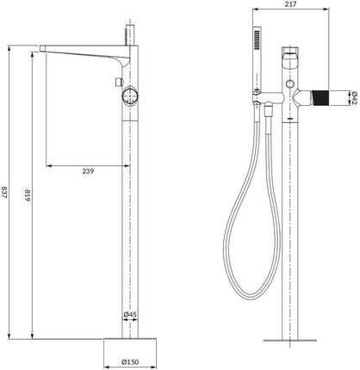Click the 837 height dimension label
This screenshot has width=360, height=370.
pyautogui.click(x=4, y=193)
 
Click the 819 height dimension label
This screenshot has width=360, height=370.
pyautogui.click(x=27, y=195)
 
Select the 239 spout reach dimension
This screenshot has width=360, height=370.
pyautogui.click(x=88, y=171)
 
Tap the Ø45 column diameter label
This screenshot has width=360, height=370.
pyautogui.click(x=130, y=315)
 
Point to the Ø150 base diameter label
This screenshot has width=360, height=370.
pyautogui.click(x=130, y=362)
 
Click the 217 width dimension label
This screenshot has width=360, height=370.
pyautogui.click(x=290, y=4)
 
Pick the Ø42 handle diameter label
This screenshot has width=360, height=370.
pyautogui.click(x=354, y=98)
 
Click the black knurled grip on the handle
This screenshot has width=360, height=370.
pyautogui.click(x=320, y=98)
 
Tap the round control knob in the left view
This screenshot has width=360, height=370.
pyautogui.click(x=130, y=96)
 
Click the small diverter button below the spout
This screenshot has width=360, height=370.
pyautogui.click(x=119, y=82)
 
